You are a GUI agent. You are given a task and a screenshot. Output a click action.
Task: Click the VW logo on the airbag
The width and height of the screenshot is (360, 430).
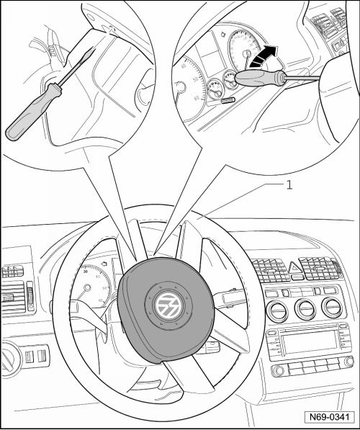(x=168, y=305)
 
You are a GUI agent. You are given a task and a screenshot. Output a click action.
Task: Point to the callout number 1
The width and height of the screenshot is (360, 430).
(x=289, y=185)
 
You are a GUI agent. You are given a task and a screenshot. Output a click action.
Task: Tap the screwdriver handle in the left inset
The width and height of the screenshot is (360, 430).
(x=32, y=112)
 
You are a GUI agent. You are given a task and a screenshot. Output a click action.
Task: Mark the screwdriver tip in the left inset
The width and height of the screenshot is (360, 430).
(x=94, y=48)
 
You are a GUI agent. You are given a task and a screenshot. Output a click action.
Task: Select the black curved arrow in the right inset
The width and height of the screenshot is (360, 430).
(x=264, y=56)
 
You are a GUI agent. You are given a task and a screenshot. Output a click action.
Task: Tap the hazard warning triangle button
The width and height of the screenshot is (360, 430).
(x=294, y=266)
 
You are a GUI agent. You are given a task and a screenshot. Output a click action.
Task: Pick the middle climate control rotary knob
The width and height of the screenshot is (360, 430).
(x=305, y=308)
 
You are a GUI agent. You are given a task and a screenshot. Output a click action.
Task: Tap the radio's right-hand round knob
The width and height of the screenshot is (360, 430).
(x=349, y=362)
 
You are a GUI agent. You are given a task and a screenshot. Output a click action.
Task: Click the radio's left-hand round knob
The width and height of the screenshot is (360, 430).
(x=279, y=370)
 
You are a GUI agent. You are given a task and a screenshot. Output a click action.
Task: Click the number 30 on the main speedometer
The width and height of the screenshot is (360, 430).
(x=85, y=272)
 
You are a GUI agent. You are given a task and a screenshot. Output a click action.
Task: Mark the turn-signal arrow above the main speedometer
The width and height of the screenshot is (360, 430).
(x=104, y=264)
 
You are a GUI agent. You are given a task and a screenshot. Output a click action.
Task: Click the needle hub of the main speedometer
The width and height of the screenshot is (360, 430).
(x=87, y=287)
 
